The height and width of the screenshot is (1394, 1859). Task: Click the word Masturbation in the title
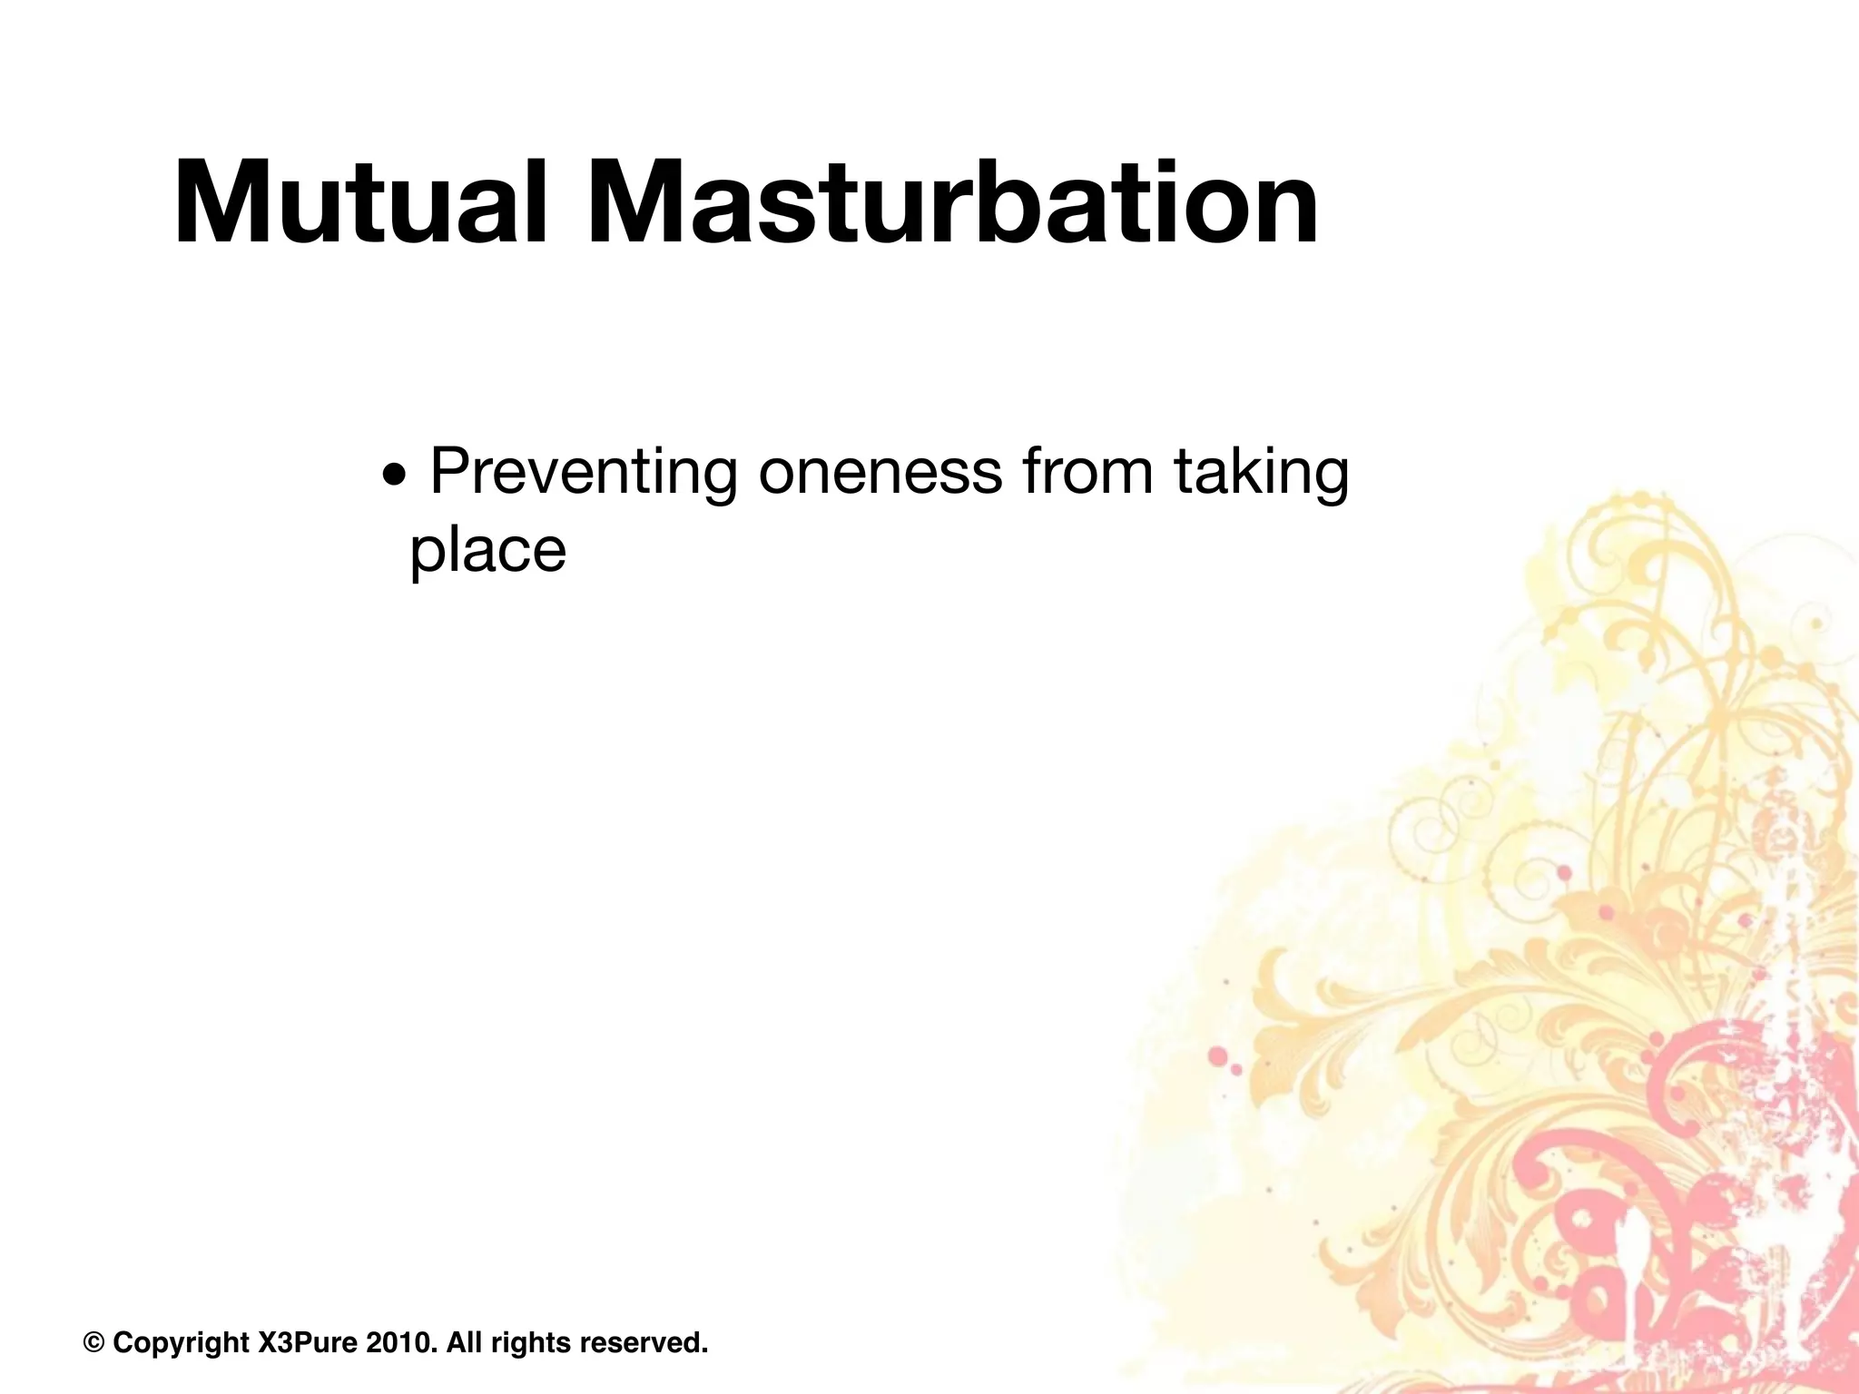(953, 203)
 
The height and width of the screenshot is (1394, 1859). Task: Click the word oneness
(880, 472)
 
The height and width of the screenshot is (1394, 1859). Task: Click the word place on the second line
(487, 551)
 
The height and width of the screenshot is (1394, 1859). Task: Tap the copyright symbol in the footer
(93, 1342)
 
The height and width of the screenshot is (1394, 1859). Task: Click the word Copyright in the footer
(181, 1342)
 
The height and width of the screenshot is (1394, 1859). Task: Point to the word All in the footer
(463, 1342)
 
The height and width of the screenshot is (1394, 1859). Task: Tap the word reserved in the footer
(644, 1342)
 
